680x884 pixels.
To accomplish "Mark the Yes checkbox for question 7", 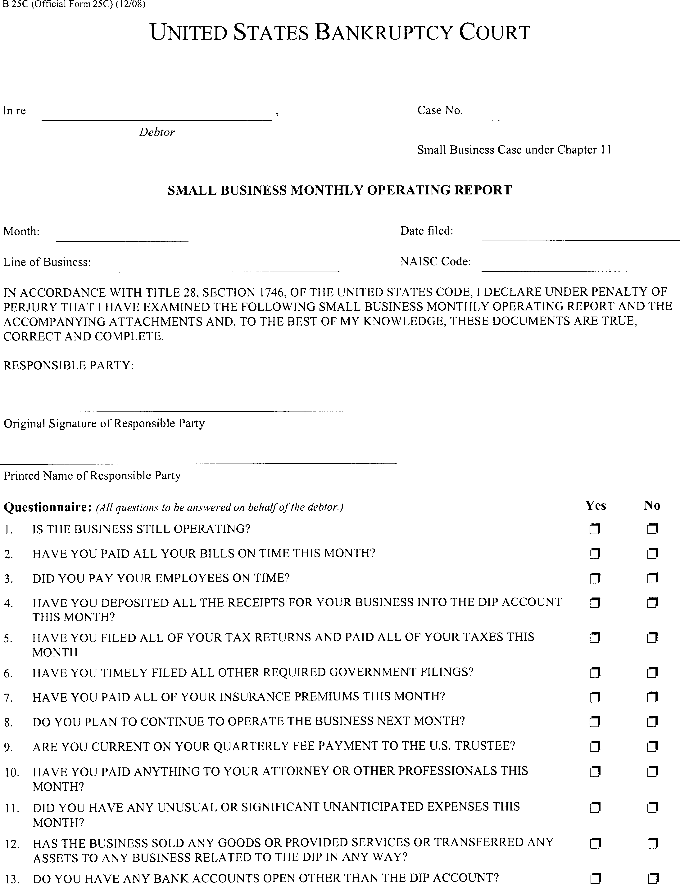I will (595, 697).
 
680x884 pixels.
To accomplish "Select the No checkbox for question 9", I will (652, 746).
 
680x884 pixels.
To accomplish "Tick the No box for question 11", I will (652, 808).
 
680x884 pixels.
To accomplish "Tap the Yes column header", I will (595, 505).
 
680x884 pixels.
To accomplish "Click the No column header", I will (652, 505).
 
